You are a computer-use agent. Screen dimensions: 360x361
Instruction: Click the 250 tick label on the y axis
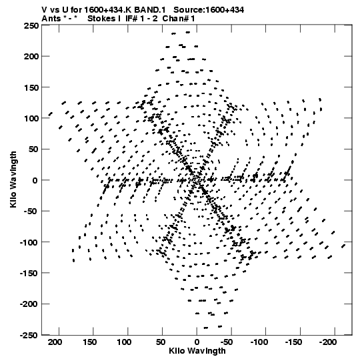31,25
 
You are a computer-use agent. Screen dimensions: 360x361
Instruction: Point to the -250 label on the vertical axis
29,335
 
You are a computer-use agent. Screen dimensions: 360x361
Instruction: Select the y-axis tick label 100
31,118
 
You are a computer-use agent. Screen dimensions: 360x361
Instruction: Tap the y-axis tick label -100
29,242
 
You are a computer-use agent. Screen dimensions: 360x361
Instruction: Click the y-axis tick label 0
35,180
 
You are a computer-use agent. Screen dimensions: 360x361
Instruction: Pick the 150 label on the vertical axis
31,87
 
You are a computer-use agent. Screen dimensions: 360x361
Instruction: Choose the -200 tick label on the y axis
29,304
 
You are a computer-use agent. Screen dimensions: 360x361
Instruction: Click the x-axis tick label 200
55,342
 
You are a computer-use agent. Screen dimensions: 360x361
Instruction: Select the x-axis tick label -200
328,342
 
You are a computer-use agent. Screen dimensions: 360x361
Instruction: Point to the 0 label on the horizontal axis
197,342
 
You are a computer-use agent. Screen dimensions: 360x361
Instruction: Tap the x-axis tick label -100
259,342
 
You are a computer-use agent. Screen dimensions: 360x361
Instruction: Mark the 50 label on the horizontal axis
160,342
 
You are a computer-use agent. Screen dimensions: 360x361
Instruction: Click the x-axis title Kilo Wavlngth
197,350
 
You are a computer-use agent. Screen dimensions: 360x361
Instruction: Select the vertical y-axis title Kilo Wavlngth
13,179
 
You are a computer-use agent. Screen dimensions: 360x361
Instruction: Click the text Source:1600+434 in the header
209,10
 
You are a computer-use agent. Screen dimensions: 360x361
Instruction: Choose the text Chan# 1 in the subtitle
179,19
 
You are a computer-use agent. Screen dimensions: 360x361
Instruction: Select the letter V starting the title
44,10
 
